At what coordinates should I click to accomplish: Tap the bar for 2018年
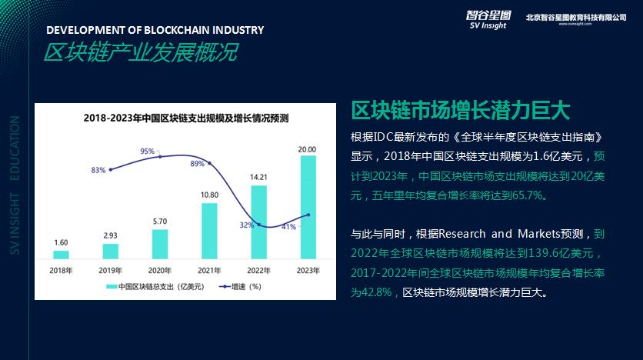pyautogui.click(x=61, y=254)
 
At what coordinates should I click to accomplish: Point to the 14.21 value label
pyautogui.click(x=258, y=178)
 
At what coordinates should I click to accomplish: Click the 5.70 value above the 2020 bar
pyautogui.click(x=160, y=222)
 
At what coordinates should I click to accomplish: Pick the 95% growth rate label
pyautogui.click(x=148, y=152)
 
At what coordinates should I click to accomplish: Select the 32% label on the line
pyautogui.click(x=247, y=225)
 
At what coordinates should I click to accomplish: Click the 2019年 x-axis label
pyautogui.click(x=110, y=270)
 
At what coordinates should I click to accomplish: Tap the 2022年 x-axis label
pyautogui.click(x=258, y=270)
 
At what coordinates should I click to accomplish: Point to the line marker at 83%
pyautogui.click(x=111, y=169)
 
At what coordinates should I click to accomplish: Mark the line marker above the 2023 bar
pyautogui.click(x=308, y=215)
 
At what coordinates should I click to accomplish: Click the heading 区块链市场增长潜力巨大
pyautogui.click(x=460, y=110)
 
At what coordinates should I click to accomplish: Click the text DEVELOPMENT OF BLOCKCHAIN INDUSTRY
pyautogui.click(x=155, y=30)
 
